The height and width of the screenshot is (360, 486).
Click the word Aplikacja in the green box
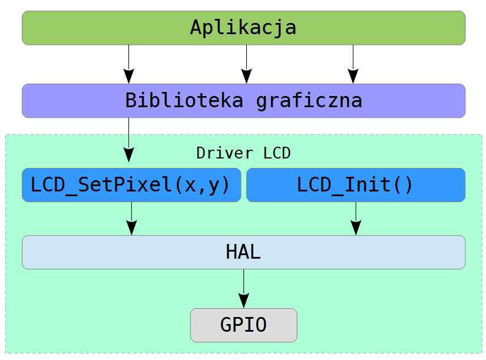coord(243,28)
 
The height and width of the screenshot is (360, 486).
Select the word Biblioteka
coord(184,100)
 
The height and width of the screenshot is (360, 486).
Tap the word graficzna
coord(309,101)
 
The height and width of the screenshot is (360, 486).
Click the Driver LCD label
coord(243,153)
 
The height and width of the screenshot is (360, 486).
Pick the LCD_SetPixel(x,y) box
coord(131,185)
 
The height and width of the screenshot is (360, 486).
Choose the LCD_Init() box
coord(356,185)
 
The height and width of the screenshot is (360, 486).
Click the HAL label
coord(243,252)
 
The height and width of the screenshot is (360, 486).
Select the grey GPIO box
coord(244,325)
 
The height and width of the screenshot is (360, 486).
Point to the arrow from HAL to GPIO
coord(244,289)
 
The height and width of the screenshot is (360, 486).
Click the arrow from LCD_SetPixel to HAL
coord(132,219)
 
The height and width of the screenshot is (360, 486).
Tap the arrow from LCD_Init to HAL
coord(356,219)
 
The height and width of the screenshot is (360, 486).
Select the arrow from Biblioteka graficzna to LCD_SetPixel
coord(128,140)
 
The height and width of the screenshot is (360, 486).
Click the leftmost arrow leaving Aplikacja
coord(128,64)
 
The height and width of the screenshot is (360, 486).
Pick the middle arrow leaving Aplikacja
coord(246,64)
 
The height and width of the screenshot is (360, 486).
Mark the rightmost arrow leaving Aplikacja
coord(353,64)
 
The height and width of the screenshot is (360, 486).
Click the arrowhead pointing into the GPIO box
coord(244,300)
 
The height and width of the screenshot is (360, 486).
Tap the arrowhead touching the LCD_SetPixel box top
coord(128,155)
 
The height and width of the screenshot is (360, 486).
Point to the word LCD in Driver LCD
coord(277,153)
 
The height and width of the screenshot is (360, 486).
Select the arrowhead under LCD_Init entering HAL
coord(356,228)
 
